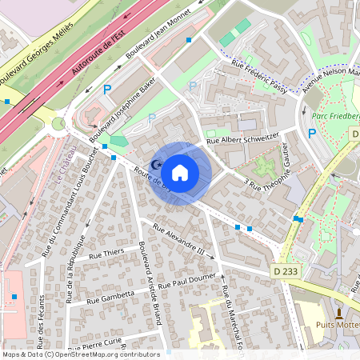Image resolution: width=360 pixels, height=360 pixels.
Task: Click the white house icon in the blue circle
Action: pyautogui.click(x=180, y=173)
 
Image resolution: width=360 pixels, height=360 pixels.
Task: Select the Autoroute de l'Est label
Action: pyautogui.click(x=98, y=50)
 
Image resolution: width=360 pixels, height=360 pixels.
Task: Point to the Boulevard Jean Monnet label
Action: pyautogui.click(x=158, y=40)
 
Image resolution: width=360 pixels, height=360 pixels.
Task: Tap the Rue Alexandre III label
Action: pyautogui.click(x=178, y=242)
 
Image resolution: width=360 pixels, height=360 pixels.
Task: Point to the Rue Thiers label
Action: pyautogui.click(x=106, y=254)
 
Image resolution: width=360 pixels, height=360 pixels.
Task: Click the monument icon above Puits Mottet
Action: pyautogui.click(x=339, y=312)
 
